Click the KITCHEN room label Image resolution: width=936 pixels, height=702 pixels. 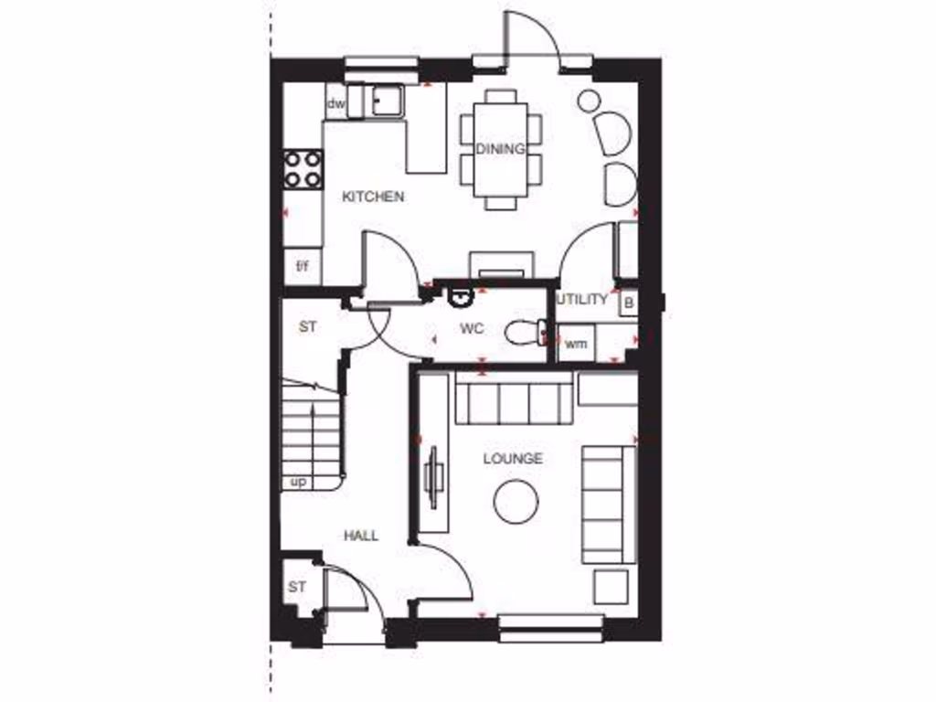coord(373,197)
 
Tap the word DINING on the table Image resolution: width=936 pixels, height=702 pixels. coord(500,149)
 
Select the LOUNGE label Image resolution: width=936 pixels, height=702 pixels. coord(513,459)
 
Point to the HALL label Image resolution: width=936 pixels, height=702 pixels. coord(361,536)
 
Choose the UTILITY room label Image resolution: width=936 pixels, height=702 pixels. coord(582,299)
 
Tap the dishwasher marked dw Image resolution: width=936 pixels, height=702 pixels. coord(335,105)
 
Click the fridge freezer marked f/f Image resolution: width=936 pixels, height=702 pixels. coord(302,266)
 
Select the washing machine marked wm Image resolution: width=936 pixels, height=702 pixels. coord(575,344)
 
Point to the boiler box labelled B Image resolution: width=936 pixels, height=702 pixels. coord(628,302)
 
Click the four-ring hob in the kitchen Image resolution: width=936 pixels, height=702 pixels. coord(303,168)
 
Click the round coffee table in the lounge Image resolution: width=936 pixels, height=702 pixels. coord(516,502)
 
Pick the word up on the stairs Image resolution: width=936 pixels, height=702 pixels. coord(298,482)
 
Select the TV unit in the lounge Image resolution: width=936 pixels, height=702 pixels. coord(435,475)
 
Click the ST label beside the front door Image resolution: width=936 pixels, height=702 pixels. coord(296,588)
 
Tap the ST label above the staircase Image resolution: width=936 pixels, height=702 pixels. coord(307,325)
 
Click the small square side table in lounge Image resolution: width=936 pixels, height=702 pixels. coord(610,587)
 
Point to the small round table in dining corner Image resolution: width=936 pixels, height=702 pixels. coord(589,101)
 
